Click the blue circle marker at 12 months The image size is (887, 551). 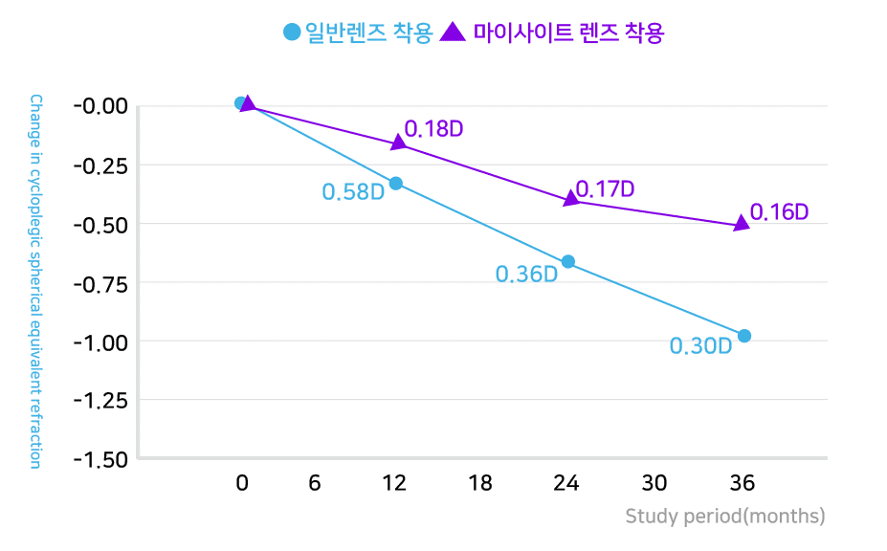(395, 183)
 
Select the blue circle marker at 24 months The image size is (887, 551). (568, 261)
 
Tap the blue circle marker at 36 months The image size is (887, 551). (744, 336)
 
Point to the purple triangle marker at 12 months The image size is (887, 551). (398, 143)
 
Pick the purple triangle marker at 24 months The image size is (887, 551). (571, 198)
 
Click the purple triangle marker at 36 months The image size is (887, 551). (741, 224)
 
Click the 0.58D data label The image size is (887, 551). (353, 192)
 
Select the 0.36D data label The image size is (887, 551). (526, 275)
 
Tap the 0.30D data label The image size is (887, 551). (700, 346)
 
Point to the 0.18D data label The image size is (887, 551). (434, 129)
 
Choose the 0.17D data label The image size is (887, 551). (606, 189)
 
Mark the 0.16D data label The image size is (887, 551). (779, 212)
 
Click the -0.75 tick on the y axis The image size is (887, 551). (100, 282)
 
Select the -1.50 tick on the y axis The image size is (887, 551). (100, 459)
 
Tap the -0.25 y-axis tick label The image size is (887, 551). (100, 165)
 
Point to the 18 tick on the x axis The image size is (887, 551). (481, 483)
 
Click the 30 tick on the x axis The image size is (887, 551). (654, 483)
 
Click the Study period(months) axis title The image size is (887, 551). (724, 517)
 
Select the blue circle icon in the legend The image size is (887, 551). (292, 32)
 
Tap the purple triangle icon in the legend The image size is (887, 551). (454, 32)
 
